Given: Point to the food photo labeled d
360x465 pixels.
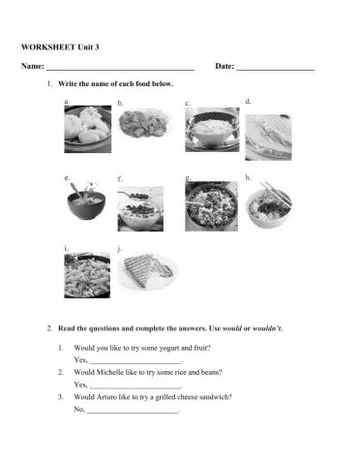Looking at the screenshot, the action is (x=270, y=134).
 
